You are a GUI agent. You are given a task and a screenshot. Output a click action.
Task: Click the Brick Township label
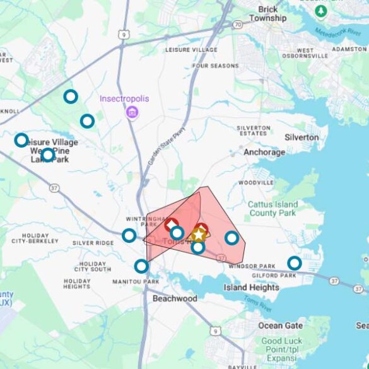pyautogui.click(x=267, y=14)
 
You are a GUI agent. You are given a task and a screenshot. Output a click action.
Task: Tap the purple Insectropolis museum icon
pyautogui.click(x=132, y=112)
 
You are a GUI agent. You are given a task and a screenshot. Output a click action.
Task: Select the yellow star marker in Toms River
pyautogui.click(x=199, y=235)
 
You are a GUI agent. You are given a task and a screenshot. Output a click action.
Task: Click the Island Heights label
pyautogui.click(x=251, y=288)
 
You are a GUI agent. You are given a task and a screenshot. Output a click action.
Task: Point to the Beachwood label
pyautogui.click(x=175, y=298)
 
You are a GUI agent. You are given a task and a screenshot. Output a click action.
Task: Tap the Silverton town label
pyautogui.click(x=302, y=137)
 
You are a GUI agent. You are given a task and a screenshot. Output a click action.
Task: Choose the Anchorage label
pyautogui.click(x=264, y=152)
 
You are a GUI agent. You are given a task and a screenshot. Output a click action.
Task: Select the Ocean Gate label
pyautogui.click(x=279, y=325)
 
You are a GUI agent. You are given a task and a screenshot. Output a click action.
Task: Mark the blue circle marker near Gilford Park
pyautogui.click(x=294, y=263)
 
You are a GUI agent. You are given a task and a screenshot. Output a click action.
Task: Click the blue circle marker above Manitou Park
pyautogui.click(x=141, y=266)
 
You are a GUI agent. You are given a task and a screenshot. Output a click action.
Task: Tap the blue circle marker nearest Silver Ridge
pyautogui.click(x=129, y=235)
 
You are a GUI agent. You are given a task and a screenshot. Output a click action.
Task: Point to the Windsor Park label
pyautogui.click(x=252, y=266)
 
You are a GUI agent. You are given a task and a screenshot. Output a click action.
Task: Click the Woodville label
pyautogui.click(x=256, y=182)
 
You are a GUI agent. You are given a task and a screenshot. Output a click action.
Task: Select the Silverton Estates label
pyautogui.click(x=254, y=131)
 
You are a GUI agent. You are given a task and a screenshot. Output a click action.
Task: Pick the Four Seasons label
pyautogui.click(x=216, y=66)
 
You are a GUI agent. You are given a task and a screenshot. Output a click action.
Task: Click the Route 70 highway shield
pyautogui.click(x=237, y=25)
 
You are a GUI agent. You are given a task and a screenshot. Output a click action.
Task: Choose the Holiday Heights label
pyautogui.click(x=77, y=283)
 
